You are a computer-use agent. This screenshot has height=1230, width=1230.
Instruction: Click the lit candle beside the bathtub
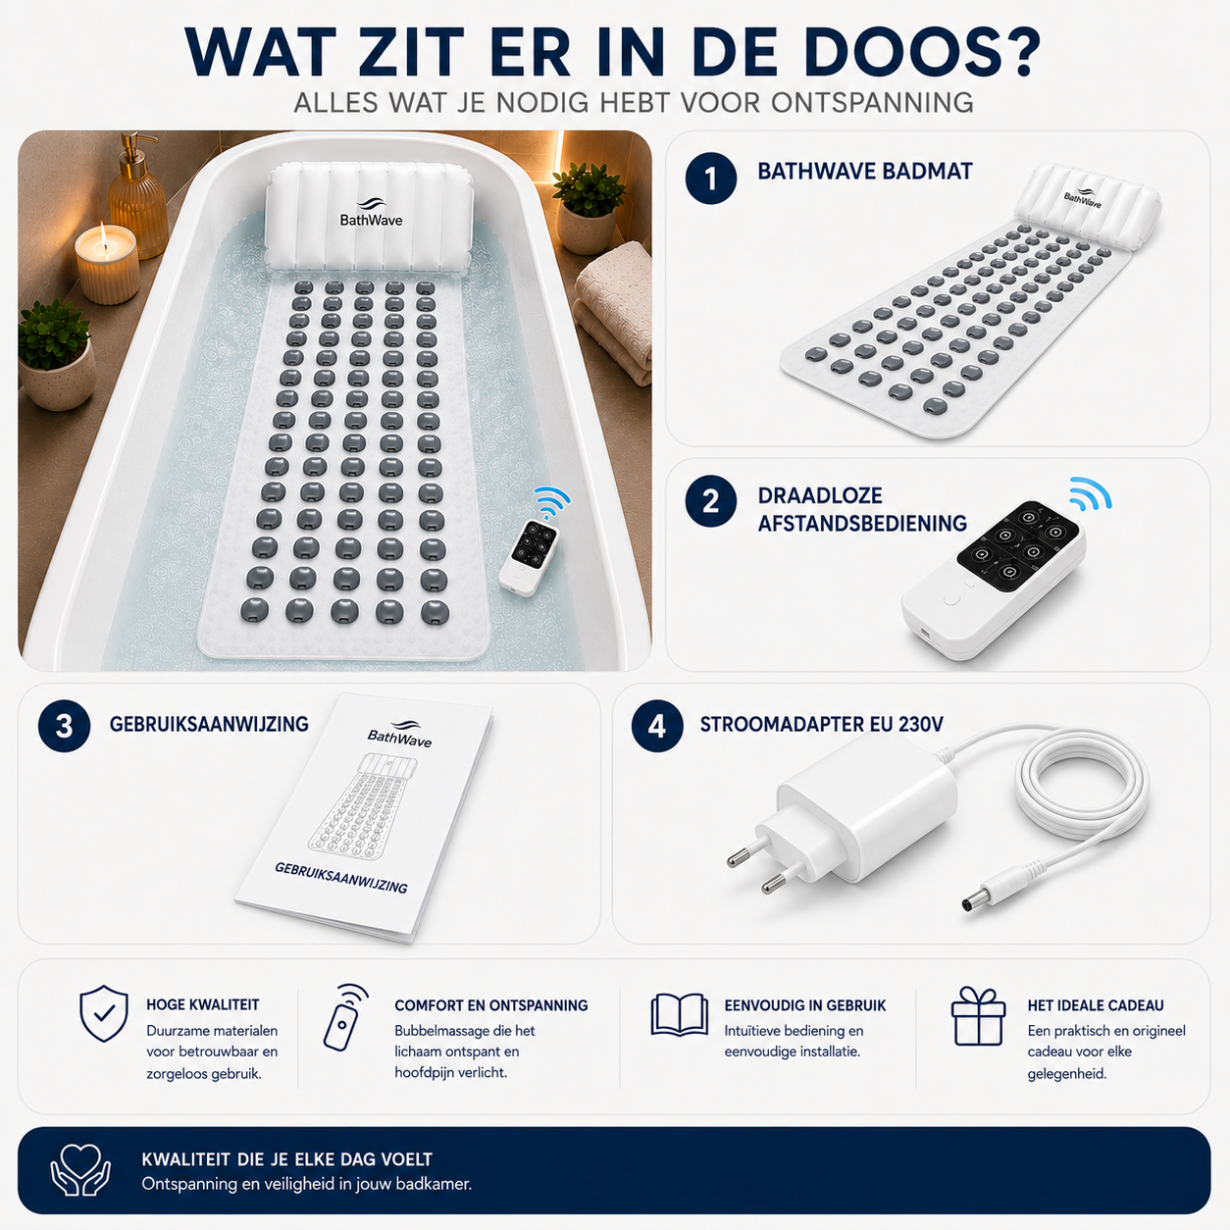click(x=107, y=263)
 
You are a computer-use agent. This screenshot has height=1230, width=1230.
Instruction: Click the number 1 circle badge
click(x=711, y=179)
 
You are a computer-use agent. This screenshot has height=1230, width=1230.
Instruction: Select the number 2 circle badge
click(x=711, y=501)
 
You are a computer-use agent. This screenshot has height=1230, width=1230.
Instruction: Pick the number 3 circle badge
click(x=64, y=726)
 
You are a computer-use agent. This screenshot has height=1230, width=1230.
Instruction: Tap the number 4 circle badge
click(x=657, y=726)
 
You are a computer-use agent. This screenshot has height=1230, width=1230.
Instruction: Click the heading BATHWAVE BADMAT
click(x=865, y=171)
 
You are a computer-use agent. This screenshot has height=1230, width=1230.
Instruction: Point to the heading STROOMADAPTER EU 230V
click(x=822, y=724)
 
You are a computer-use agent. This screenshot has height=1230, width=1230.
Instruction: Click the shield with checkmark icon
click(x=103, y=1013)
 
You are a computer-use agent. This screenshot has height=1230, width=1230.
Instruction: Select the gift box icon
click(x=978, y=1015)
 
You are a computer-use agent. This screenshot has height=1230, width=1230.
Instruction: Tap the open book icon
click(x=679, y=1014)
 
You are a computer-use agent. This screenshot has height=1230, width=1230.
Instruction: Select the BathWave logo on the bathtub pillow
click(x=371, y=212)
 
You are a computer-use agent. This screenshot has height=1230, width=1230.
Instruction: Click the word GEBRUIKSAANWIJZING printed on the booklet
click(x=341, y=877)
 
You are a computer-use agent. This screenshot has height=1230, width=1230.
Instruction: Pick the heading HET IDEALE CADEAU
click(x=1096, y=1005)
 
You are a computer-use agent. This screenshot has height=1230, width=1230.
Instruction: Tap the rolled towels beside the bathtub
click(x=614, y=308)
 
